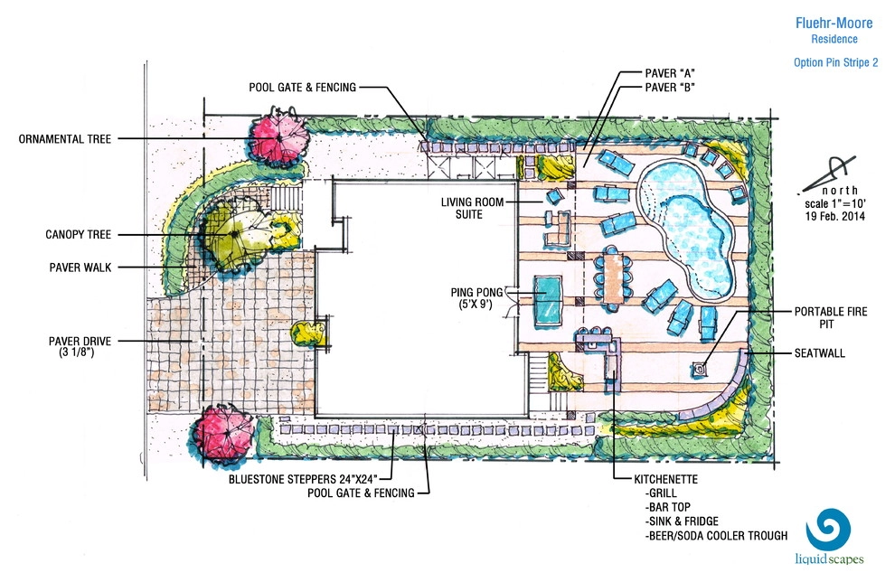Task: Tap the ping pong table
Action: coord(547,301)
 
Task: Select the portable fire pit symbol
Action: coord(699,370)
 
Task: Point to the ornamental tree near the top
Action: coord(279,137)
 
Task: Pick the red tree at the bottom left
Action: coord(222,435)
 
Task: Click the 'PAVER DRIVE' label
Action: coord(80,342)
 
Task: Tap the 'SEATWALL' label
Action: coord(820,353)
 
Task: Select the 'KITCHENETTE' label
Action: coord(665,479)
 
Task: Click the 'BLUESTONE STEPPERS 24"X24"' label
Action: coord(303,479)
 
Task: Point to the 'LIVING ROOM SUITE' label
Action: coord(472,208)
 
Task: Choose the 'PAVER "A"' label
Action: coord(670,73)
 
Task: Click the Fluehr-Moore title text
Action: coord(834,23)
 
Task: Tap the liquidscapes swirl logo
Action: coord(828,529)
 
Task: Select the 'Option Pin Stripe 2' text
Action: coord(835,62)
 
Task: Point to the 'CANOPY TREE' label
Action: coord(78,234)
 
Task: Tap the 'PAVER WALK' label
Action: coord(80,267)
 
